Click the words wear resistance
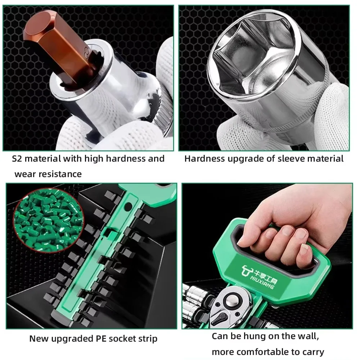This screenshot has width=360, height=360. (x=48, y=174)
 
